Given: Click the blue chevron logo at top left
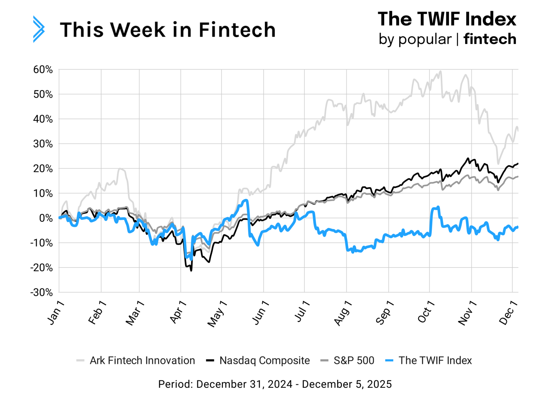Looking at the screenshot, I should (x=39, y=29).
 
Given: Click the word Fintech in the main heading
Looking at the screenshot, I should (x=237, y=30).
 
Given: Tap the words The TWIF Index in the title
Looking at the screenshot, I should (x=447, y=19).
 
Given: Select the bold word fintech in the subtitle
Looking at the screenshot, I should (x=490, y=39).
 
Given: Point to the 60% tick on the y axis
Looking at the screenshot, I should (x=43, y=70).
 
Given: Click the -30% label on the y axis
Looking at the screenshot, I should (x=42, y=293).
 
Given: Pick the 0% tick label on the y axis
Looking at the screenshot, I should (x=46, y=218).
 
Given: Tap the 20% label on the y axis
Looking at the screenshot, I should (x=43, y=169).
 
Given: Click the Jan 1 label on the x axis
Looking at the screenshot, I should (x=56, y=313).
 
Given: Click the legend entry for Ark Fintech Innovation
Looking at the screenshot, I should (x=142, y=361).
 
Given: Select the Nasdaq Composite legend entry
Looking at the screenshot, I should (x=264, y=361).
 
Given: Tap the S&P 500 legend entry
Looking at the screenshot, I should (x=353, y=361).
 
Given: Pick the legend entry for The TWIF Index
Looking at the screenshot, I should (x=435, y=361).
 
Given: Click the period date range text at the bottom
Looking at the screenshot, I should (x=275, y=384).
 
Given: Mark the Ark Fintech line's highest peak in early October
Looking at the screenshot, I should (x=441, y=71).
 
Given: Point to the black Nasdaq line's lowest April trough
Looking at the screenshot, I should (x=191, y=270).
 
